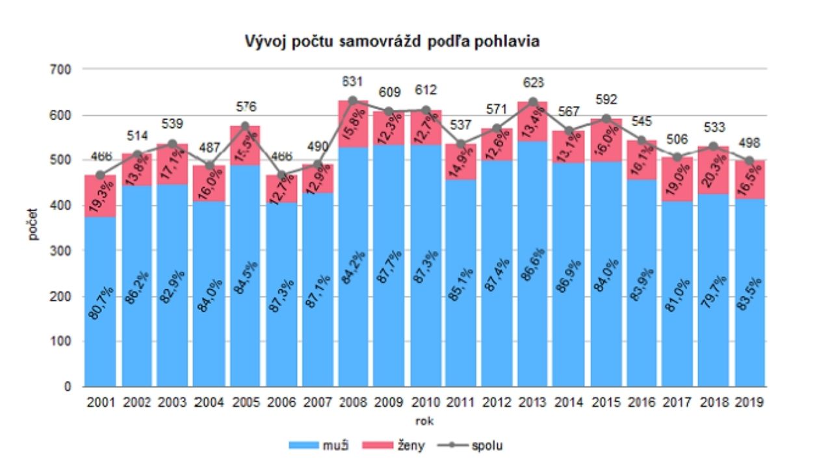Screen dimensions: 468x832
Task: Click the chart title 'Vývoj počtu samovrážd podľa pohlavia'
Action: coord(392,42)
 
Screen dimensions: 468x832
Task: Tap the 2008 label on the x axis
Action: coord(352,402)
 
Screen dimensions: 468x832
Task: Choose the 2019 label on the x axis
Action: coord(749,402)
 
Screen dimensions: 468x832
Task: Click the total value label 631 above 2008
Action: coord(353,83)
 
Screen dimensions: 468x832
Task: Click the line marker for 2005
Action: coord(244,125)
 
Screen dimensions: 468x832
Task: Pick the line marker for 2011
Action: coord(461,144)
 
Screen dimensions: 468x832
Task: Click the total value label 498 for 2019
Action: coord(749,143)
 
